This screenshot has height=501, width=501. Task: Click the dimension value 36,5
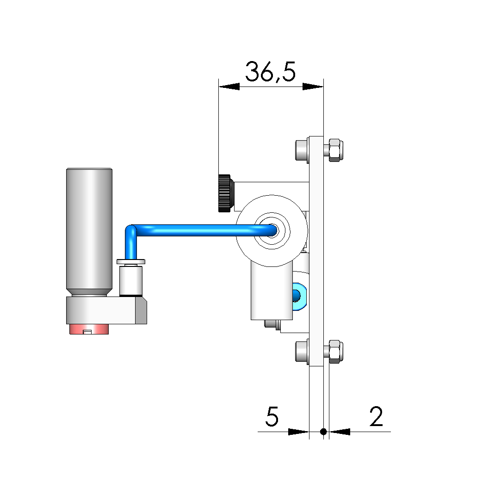270,72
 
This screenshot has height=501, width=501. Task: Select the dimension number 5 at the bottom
272,416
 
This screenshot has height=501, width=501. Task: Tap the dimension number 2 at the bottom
376,416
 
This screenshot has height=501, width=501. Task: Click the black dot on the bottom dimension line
323,432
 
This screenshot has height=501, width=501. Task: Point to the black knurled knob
225,193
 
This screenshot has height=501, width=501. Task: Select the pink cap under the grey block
89,329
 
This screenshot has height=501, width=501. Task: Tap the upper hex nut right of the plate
335,150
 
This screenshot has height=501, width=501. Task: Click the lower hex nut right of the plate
335,352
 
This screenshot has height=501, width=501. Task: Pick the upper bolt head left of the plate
302,150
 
